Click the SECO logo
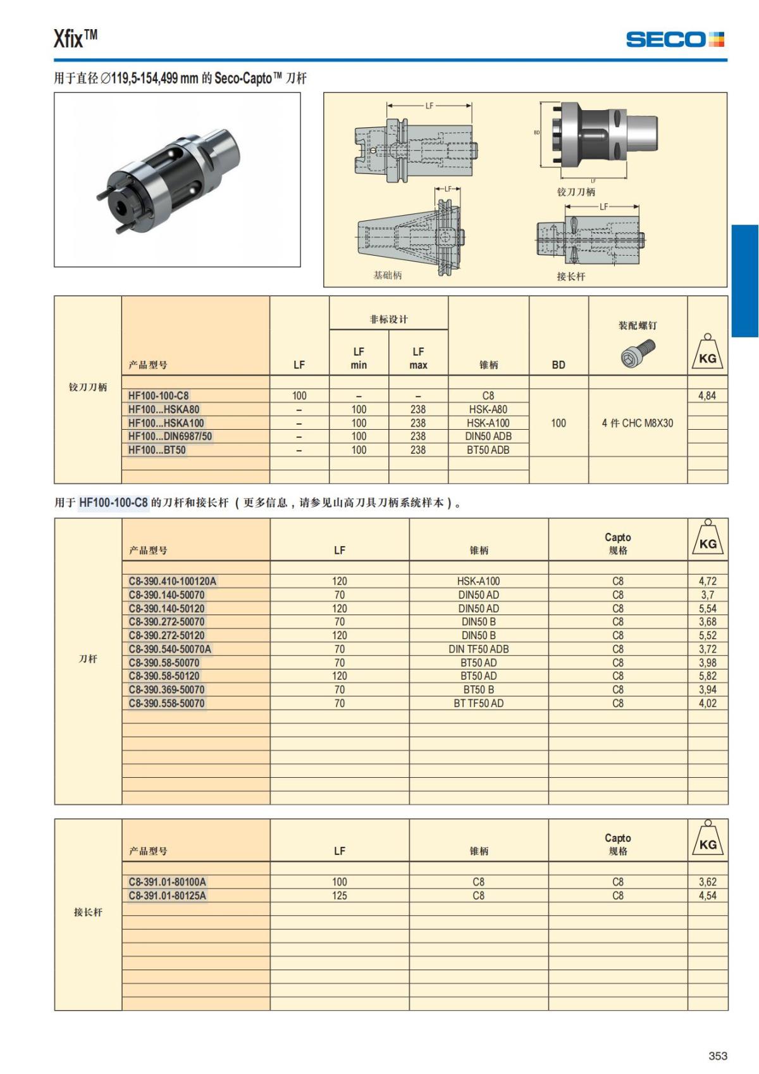(674, 39)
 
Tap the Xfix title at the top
(75, 39)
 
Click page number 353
(717, 1056)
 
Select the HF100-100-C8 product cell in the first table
(158, 396)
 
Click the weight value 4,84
(707, 396)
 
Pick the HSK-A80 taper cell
(488, 409)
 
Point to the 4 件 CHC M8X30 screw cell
(637, 423)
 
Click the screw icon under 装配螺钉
(638, 353)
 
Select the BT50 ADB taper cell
(488, 450)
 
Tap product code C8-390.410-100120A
(172, 581)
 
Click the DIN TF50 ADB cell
(478, 649)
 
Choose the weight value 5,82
(707, 676)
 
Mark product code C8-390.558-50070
(166, 703)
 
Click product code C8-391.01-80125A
(167, 896)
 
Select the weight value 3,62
(707, 882)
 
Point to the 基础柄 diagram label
(387, 275)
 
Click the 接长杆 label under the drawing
(571, 277)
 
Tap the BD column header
(558, 365)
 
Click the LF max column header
(418, 358)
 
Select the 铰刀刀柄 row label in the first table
(88, 387)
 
